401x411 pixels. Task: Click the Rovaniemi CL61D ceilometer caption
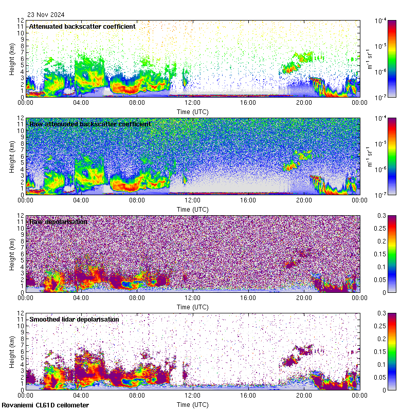pos(45,405)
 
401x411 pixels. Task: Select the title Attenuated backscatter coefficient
pos(82,26)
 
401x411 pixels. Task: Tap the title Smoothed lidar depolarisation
pos(74,319)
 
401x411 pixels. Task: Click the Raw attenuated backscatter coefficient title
pos(90,124)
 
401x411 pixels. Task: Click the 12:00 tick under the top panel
pos(193,102)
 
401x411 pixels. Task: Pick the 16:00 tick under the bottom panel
pos(248,395)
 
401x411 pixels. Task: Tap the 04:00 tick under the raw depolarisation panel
pos(81,297)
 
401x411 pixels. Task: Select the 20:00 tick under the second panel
pos(304,200)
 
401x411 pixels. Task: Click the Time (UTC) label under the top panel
pos(193,111)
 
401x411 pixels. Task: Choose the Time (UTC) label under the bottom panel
pos(193,404)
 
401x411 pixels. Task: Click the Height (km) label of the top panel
pos(11,59)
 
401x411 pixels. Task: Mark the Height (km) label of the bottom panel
pos(11,351)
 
